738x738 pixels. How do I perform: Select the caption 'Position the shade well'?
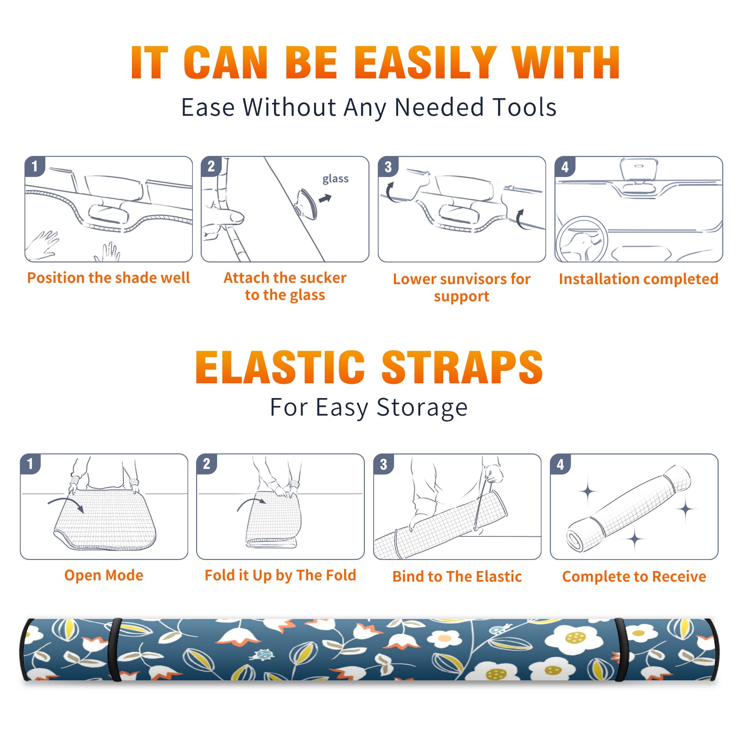pos(108,278)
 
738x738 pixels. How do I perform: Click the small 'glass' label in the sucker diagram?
pos(335,179)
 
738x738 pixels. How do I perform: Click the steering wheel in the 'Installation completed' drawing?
pos(582,239)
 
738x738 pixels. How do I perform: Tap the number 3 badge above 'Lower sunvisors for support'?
pos(388,167)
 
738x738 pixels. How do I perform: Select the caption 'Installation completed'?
pos(638,279)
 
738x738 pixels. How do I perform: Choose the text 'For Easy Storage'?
pos(369,407)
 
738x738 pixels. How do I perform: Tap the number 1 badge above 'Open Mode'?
pos(30,464)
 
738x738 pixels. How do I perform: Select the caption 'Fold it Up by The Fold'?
pos(280,575)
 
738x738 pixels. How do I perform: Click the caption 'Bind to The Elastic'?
pos(457,577)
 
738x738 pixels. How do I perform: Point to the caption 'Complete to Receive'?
pos(634,577)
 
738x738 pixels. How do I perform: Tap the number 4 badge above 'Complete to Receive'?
pos(560,464)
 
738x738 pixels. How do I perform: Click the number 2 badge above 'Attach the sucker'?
pos(211,166)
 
